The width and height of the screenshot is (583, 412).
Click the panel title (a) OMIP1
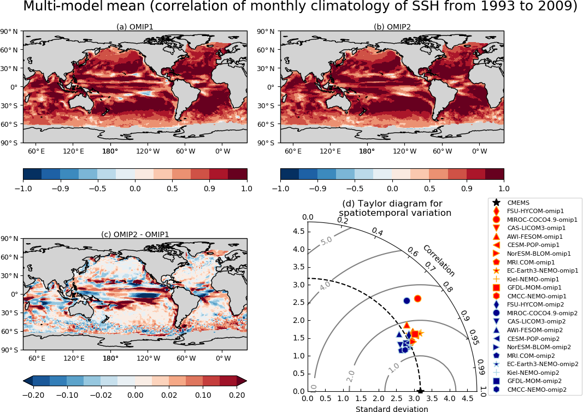135,27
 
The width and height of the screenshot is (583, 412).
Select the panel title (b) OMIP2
392,27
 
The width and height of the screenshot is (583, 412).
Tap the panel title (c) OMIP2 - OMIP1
135,234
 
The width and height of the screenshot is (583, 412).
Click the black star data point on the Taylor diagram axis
420,391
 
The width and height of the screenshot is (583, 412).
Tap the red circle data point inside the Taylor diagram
417,298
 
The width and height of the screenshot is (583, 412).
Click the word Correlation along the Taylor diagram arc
439,261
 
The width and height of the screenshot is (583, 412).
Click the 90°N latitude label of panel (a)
10,31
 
